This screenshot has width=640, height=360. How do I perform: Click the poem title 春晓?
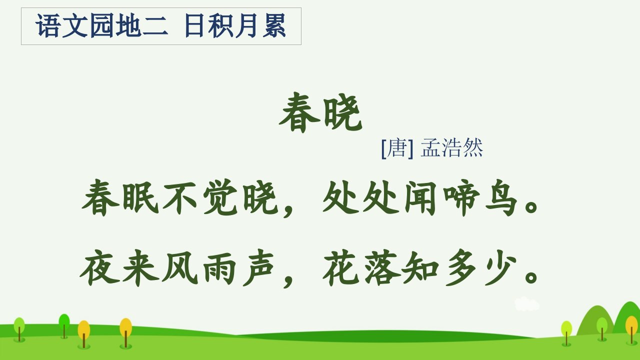pyautogui.click(x=320, y=112)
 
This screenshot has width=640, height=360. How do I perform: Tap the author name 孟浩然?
pyautogui.click(x=451, y=147)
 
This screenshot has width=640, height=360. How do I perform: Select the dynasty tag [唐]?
pyautogui.click(x=397, y=148)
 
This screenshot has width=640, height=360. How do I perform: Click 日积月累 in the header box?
pyautogui.click(x=235, y=26)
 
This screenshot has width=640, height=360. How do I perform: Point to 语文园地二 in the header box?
pyautogui.click(x=101, y=26)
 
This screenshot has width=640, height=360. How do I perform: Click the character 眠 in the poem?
pyautogui.click(x=140, y=197)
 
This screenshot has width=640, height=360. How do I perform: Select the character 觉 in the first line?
pyautogui.click(x=220, y=197)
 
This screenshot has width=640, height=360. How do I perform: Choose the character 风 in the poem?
pyautogui.click(x=179, y=267)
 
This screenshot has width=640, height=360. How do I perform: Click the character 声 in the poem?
pyautogui.click(x=258, y=267)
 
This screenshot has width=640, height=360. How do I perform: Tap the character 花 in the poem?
pyautogui.click(x=341, y=267)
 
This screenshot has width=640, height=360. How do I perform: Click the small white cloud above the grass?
pyautogui.click(x=527, y=303)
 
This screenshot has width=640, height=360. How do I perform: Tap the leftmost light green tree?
pyautogui.click(x=19, y=328)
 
